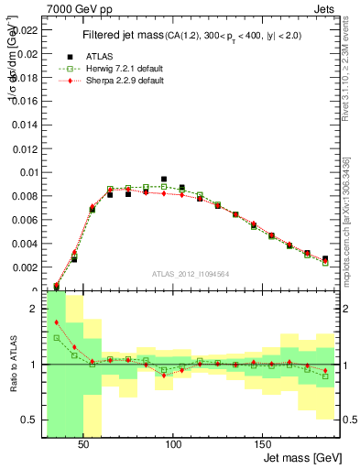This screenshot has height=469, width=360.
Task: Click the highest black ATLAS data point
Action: [x=164, y=180]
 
